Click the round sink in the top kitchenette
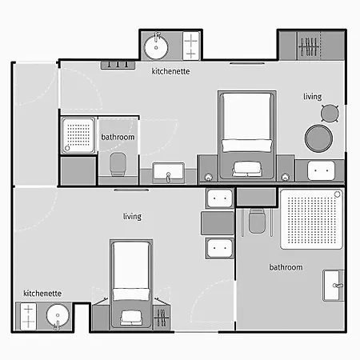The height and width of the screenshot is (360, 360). (x=156, y=47)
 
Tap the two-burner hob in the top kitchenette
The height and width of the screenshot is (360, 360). (x=191, y=46)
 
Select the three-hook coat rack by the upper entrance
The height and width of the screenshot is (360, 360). (x=118, y=65)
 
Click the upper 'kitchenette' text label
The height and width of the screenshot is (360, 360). (x=170, y=71)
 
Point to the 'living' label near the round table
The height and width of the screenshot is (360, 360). (x=313, y=97)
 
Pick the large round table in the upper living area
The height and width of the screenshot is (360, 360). (x=318, y=138)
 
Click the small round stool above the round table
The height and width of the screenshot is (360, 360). (x=330, y=114)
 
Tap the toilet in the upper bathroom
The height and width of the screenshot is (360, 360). (x=118, y=164)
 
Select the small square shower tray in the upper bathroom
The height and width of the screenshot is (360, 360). (x=78, y=136)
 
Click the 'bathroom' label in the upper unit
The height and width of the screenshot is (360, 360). (x=118, y=137)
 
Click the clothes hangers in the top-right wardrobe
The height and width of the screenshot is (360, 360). (x=309, y=47)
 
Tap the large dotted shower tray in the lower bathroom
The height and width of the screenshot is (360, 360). (x=311, y=219)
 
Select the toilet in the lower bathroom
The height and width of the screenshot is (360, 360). (x=257, y=222)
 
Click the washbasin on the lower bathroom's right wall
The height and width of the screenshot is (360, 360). (x=334, y=286)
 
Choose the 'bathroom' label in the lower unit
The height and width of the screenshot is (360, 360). (x=286, y=267)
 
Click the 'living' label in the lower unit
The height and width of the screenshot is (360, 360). (x=132, y=216)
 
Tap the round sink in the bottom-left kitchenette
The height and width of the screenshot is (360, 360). (x=58, y=316)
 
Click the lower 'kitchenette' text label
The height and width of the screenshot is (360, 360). (x=42, y=294)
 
